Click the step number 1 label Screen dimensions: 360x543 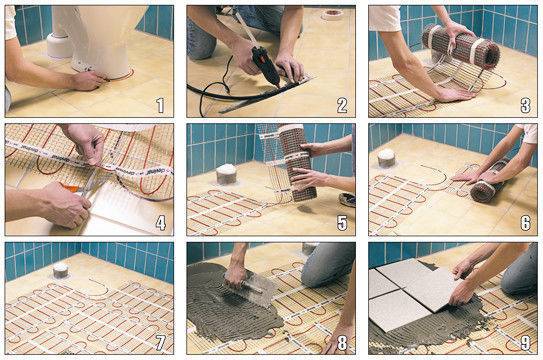[161, 104]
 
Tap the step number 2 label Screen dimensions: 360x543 [343, 104]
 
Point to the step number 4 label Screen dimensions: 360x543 [161, 222]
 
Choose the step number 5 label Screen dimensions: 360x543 [343, 222]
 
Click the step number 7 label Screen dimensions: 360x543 [161, 340]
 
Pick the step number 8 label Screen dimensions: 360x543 [343, 340]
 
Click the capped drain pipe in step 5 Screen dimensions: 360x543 [226, 173]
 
